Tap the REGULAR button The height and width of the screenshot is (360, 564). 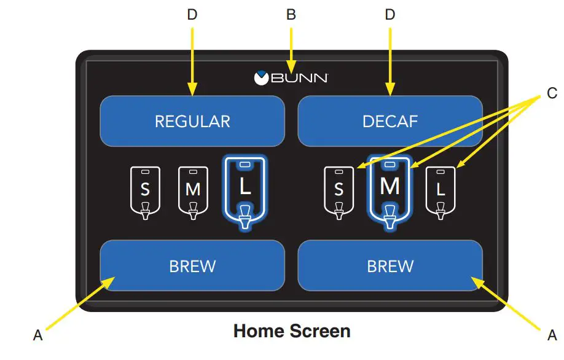(x=192, y=121)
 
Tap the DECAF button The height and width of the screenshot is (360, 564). (x=390, y=121)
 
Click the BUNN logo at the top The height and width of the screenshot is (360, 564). (x=291, y=78)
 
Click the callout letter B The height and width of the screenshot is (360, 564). (x=291, y=15)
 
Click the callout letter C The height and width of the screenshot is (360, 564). (x=552, y=93)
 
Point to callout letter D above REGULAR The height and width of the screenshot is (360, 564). (x=192, y=15)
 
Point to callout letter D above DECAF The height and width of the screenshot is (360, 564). (x=390, y=15)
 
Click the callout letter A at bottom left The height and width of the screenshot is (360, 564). (x=38, y=335)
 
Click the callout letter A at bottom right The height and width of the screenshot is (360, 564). (x=552, y=335)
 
